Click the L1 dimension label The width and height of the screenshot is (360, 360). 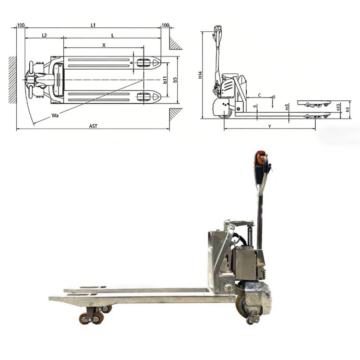point(93,25)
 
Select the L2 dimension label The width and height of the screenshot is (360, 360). point(44,36)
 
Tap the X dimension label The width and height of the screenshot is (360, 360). point(104,45)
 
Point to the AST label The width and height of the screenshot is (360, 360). point(93,126)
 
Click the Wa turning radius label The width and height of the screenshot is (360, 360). point(55,116)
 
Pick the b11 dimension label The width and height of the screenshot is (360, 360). point(165,80)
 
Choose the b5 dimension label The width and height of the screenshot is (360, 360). point(175,80)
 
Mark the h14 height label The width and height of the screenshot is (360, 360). point(200,75)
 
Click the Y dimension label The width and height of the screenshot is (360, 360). point(270,126)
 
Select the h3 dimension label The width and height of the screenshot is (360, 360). point(348,110)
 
